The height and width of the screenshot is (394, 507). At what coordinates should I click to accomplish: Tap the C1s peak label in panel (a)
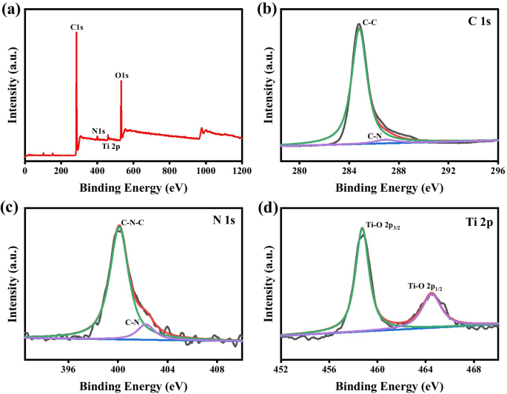point(75,27)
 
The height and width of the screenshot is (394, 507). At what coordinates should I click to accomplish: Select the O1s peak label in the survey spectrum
point(121,75)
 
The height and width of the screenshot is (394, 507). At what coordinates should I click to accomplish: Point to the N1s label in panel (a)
point(98,131)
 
